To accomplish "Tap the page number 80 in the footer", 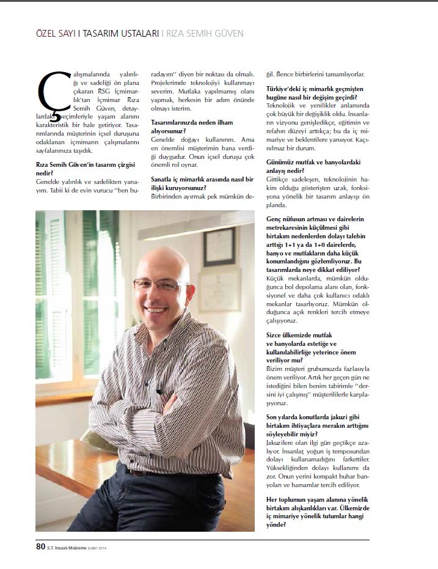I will (x=40, y=546).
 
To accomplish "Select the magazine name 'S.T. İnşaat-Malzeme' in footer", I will (x=73, y=547).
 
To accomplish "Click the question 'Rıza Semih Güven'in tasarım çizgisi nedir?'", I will (x=86, y=169).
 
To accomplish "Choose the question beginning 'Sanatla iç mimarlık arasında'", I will (x=202, y=183).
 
